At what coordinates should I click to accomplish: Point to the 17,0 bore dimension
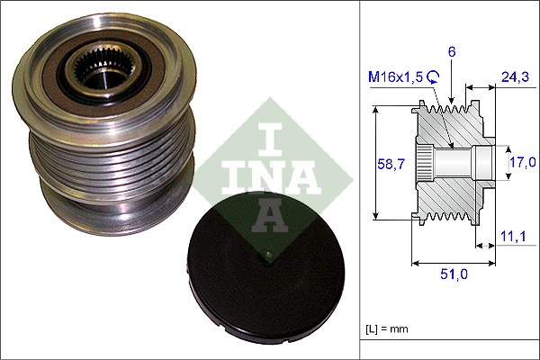click(523, 162)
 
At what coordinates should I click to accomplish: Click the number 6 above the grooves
click(452, 53)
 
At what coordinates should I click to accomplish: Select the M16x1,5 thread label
click(392, 78)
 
